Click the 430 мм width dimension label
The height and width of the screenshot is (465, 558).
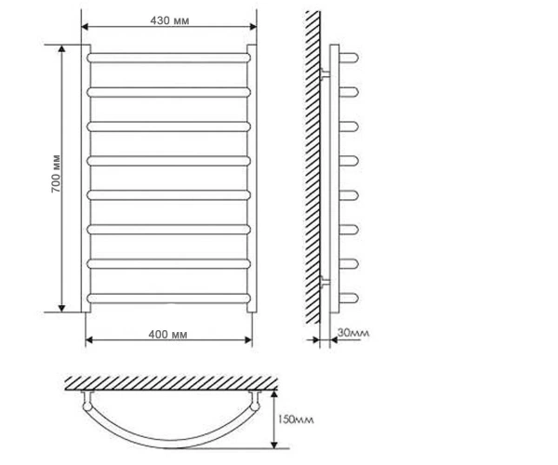169,20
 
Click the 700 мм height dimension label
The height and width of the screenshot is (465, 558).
56,174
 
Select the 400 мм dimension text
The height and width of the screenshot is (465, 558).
167,335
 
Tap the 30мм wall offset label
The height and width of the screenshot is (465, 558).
353,333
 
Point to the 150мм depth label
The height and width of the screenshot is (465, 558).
296,419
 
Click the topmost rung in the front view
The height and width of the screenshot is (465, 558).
168,58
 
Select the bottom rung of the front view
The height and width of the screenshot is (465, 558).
168,299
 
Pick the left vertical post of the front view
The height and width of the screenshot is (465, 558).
86,179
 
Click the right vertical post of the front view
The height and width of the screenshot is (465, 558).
252,179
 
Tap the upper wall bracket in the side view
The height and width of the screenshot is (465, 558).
325,74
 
